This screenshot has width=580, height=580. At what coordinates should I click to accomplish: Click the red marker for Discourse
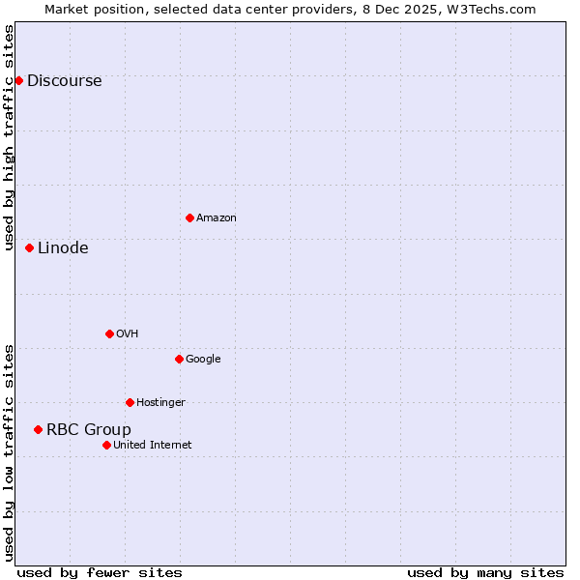pyautogui.click(x=18, y=80)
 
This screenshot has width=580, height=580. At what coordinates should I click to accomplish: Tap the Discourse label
pyautogui.click(x=64, y=81)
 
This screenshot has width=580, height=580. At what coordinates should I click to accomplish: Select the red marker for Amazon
pyautogui.click(x=189, y=217)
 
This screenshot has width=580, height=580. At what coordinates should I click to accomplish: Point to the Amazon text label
pyautogui.click(x=217, y=218)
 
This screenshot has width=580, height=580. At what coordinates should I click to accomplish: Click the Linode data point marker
pyautogui.click(x=29, y=247)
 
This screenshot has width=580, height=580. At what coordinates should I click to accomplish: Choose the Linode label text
pyautogui.click(x=63, y=248)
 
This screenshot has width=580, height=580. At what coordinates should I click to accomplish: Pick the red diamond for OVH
pyautogui.click(x=109, y=333)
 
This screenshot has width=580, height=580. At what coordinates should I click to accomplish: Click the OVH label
pyautogui.click(x=127, y=334)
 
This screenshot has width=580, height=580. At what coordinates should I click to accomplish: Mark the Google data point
pyautogui.click(x=179, y=359)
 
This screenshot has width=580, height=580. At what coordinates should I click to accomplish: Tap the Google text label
pyautogui.click(x=203, y=360)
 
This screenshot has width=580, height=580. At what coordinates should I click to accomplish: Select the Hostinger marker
pyautogui.click(x=130, y=402)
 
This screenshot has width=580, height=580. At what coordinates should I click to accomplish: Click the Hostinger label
pyautogui.click(x=160, y=403)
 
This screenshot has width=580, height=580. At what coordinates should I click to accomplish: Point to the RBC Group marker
pyautogui.click(x=38, y=429)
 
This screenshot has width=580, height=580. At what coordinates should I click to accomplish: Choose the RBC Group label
pyautogui.click(x=89, y=430)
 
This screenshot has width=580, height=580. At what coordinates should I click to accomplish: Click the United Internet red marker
pyautogui.click(x=106, y=445)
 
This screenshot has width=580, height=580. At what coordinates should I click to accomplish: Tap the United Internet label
pyautogui.click(x=153, y=446)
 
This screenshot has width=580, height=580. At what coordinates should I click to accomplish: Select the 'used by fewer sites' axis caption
pyautogui.click(x=100, y=573)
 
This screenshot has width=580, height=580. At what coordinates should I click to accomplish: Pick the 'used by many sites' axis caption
pyautogui.click(x=485, y=573)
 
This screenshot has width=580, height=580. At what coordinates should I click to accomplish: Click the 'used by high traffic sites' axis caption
pyautogui.click(x=9, y=138)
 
